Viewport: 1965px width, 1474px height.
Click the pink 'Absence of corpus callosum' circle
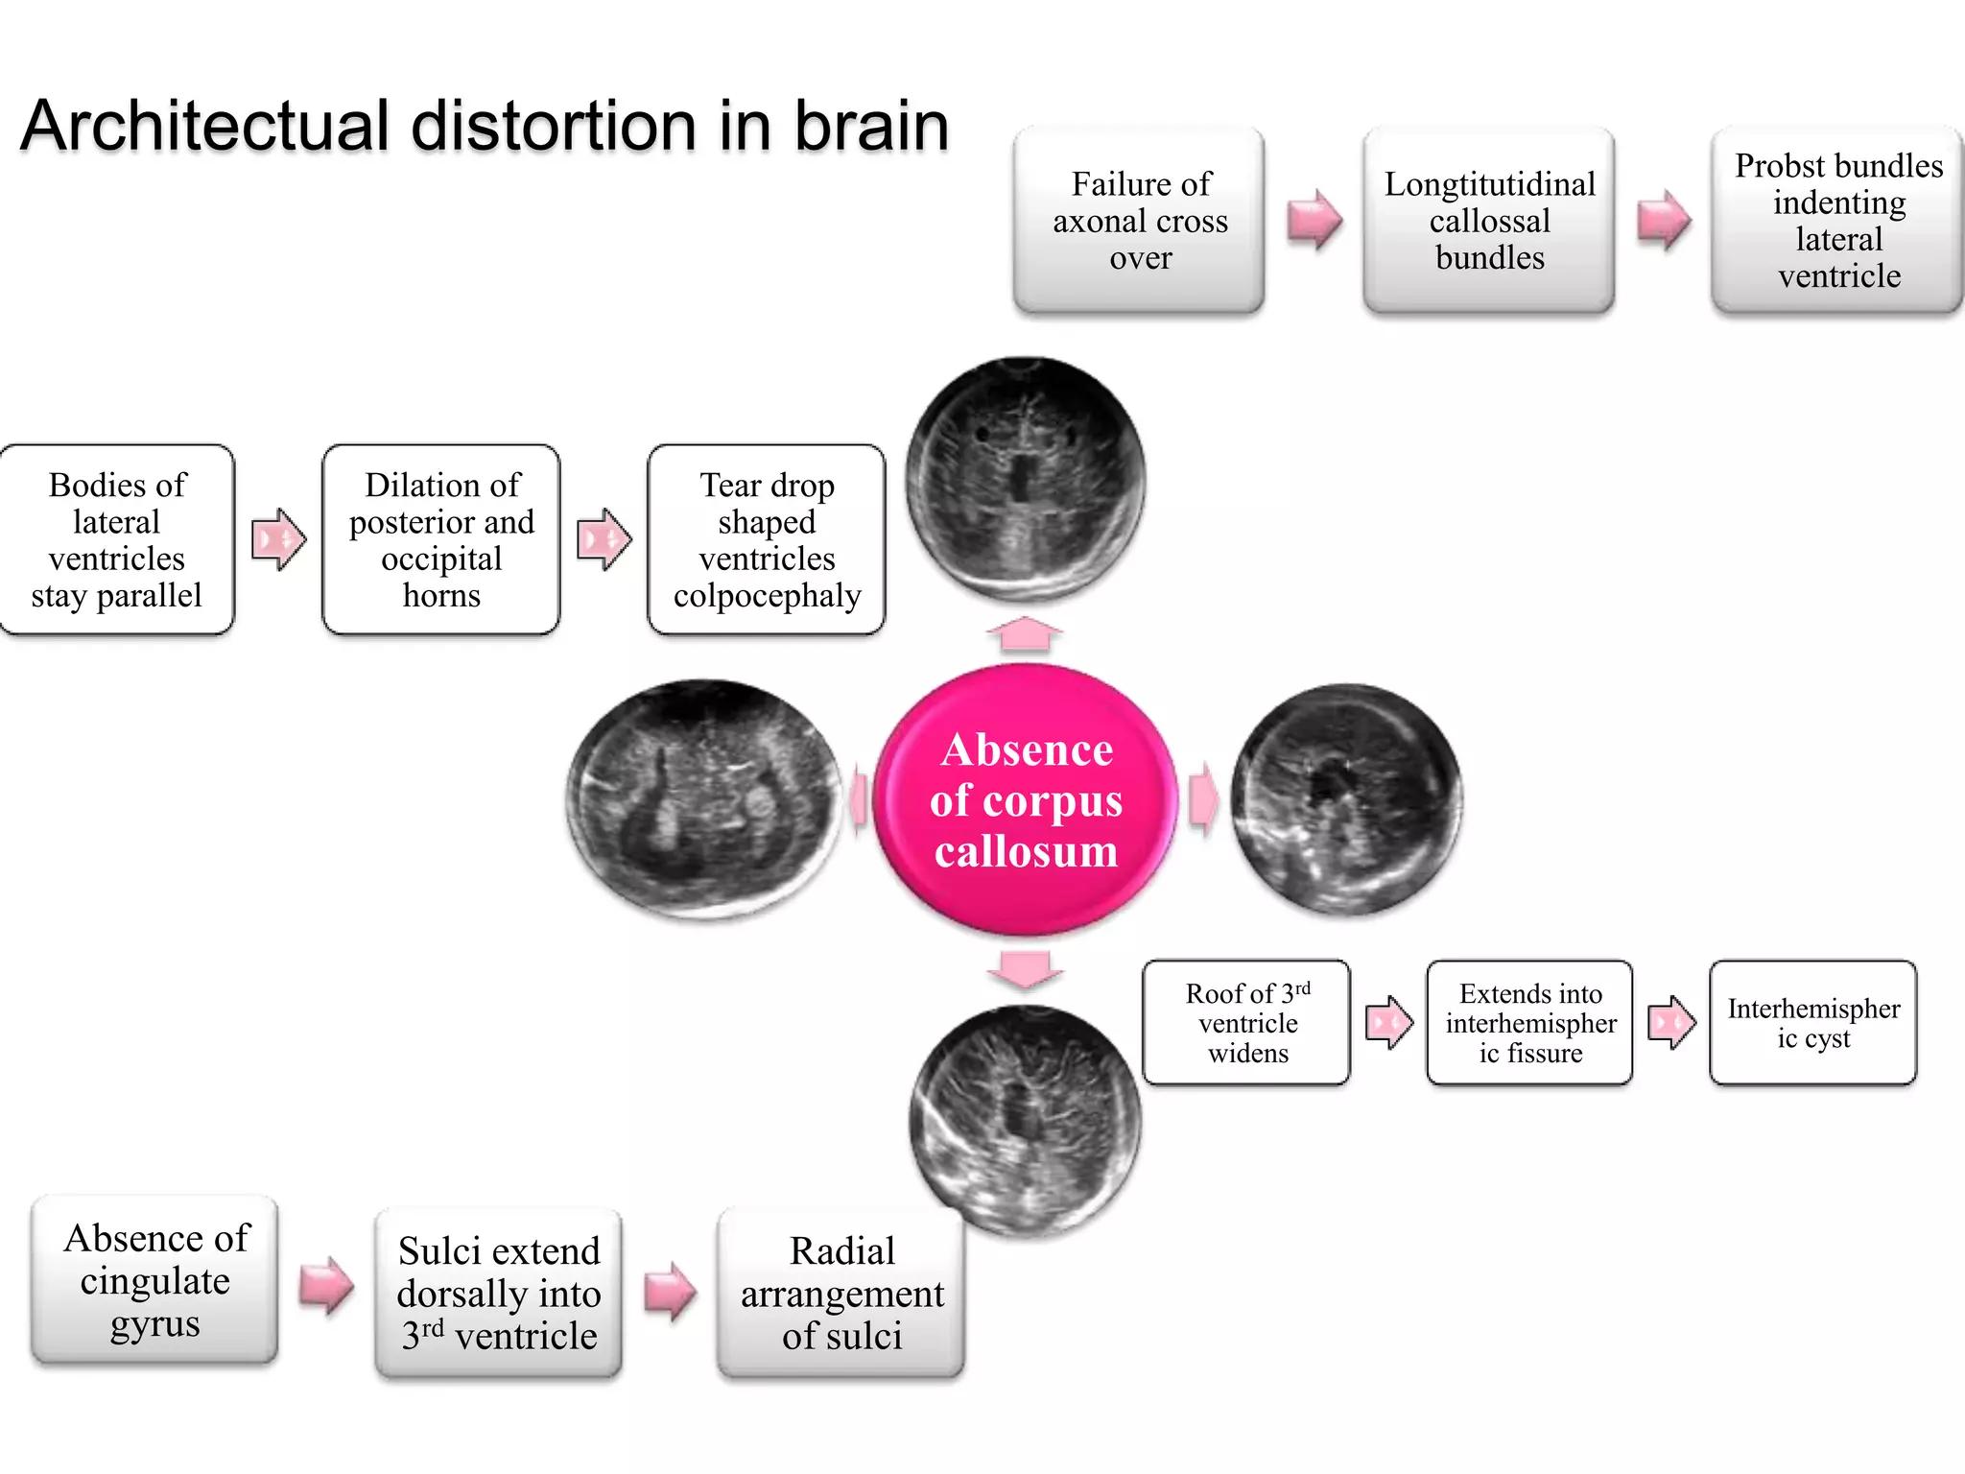point(1025,799)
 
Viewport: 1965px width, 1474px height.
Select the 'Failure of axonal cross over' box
point(1139,221)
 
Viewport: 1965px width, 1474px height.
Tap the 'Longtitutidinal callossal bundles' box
point(1488,221)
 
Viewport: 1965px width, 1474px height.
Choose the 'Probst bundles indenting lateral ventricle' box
point(1837,221)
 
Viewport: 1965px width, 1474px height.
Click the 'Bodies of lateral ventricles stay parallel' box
point(117,539)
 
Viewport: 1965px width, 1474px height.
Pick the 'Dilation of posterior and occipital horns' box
point(441,539)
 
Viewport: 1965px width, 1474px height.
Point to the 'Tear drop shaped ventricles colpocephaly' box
point(767,539)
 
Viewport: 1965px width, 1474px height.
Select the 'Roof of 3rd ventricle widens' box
point(1246,1023)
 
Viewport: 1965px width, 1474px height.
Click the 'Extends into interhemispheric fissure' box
point(1529,1023)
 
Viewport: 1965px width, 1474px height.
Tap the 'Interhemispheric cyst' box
point(1812,1023)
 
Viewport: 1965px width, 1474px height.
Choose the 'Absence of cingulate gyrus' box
point(154,1280)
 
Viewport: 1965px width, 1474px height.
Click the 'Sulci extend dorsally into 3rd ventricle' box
point(498,1294)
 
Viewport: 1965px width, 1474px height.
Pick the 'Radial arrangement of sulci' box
point(841,1294)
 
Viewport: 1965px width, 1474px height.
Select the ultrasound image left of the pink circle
point(703,799)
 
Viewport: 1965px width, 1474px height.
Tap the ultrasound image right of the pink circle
point(1346,799)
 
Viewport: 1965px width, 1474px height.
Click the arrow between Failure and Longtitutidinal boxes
point(1314,221)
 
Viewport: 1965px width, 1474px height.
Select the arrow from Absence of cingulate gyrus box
point(326,1285)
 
